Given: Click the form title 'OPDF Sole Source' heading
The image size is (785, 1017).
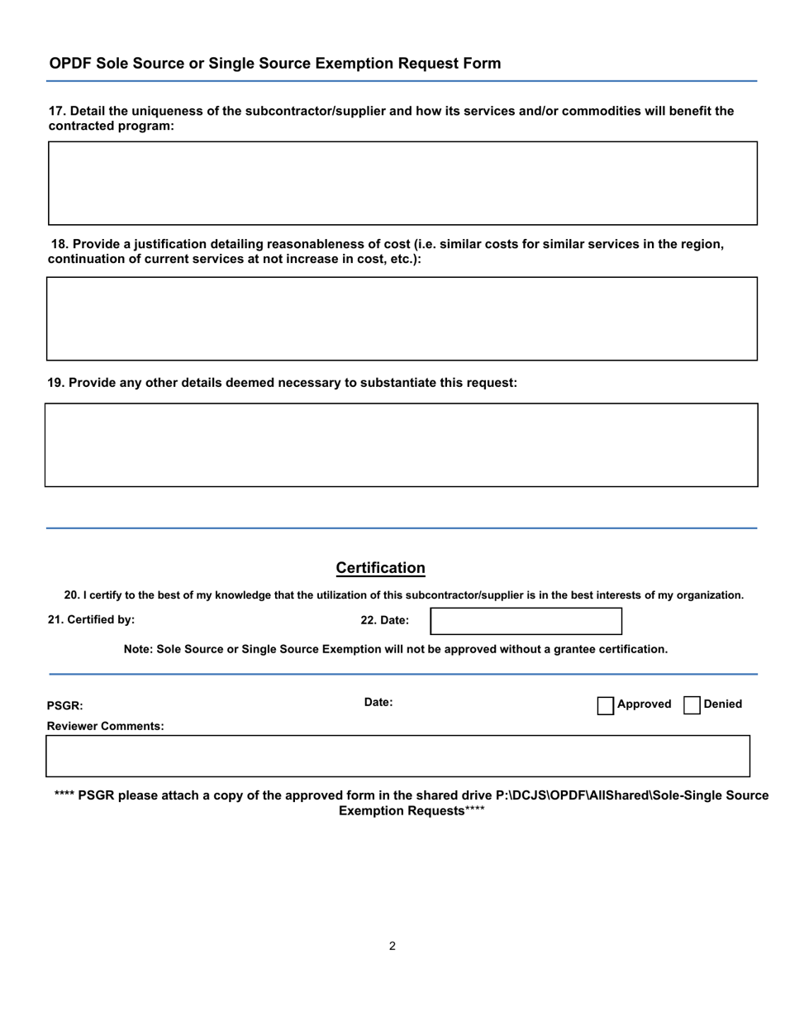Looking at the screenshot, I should tap(274, 64).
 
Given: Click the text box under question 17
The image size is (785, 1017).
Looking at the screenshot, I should tap(402, 183).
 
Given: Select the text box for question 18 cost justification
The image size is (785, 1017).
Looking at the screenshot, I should tap(402, 318).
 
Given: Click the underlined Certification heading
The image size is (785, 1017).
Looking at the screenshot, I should tap(380, 568).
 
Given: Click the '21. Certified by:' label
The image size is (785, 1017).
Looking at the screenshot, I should tap(91, 619).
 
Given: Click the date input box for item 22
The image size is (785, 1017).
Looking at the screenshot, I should tap(526, 621).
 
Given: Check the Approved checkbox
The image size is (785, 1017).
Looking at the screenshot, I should tap(606, 705).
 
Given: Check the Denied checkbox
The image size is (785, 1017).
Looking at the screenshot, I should tap(692, 705).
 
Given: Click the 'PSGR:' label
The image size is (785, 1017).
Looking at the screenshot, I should tap(65, 706).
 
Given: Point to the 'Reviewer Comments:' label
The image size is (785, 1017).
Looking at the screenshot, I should tap(105, 727).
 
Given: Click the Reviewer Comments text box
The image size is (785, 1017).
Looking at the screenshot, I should tap(397, 756).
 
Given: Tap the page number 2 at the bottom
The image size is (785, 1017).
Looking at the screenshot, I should tap(392, 946).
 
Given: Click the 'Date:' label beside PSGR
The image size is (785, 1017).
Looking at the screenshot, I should tap(378, 703).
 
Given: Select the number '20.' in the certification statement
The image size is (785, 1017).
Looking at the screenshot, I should tap(72, 595).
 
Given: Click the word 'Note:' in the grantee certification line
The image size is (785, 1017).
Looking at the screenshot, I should tap(138, 650).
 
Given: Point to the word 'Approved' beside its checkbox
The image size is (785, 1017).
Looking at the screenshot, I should tap(644, 704).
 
